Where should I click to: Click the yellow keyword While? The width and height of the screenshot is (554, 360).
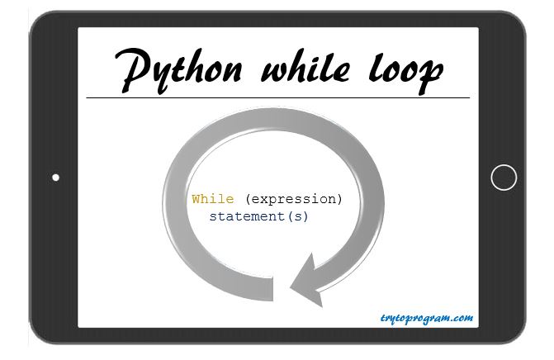pyautogui.click(x=213, y=199)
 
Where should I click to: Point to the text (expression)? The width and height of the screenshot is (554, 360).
pyautogui.click(x=294, y=199)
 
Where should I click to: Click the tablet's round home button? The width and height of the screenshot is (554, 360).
pyautogui.click(x=504, y=178)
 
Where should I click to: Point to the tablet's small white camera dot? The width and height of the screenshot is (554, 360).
pyautogui.click(x=55, y=178)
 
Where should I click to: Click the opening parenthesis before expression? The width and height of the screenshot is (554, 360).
pyautogui.click(x=249, y=199)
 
